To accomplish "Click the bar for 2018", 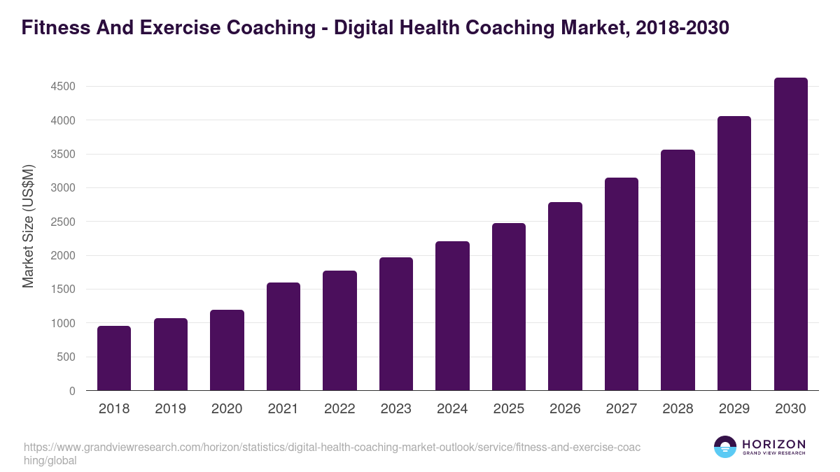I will [114, 358].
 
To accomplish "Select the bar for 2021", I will [283, 336].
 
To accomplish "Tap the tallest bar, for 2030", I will [790, 234].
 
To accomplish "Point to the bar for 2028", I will [678, 270].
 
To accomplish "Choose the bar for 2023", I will [395, 324].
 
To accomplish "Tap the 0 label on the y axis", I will [71, 391].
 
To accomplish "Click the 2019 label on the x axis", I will [170, 409].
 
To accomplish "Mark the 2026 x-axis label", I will [565, 409].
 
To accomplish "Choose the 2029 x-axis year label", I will [734, 409].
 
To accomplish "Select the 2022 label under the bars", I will [339, 409].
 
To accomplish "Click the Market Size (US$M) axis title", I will [28, 226].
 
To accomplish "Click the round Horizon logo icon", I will [725, 447].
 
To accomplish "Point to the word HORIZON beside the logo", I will [773, 444].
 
